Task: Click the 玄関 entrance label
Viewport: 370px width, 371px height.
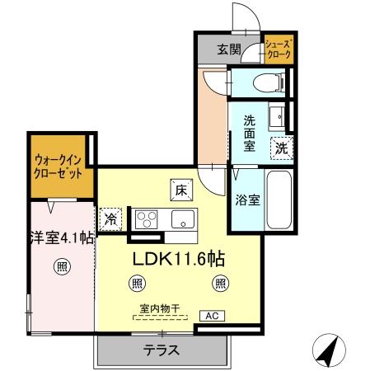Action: pos(228,49)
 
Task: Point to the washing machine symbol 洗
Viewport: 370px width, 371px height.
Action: pos(282,148)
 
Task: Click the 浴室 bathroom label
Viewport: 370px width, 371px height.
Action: pos(247,200)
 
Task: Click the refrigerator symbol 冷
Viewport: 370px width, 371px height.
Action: pos(110,219)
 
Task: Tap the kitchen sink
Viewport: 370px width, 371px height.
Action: pos(182,219)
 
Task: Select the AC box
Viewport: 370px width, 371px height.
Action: pos(212,316)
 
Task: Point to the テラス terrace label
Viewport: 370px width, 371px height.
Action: pos(162,349)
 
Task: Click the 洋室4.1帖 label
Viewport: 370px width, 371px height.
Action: pos(62,237)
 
